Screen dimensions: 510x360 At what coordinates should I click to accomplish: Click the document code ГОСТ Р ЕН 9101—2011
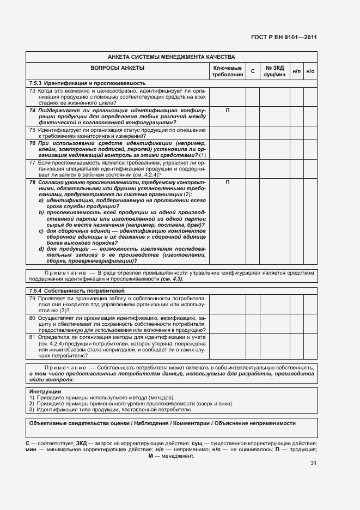pos(291,38)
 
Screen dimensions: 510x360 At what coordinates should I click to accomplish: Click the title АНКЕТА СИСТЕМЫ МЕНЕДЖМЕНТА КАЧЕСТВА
pos(171,57)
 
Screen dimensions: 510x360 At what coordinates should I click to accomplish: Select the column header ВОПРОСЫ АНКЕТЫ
pos(117,68)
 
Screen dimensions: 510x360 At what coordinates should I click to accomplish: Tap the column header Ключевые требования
pos(227,71)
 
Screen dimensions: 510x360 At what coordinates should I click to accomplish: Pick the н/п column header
pos(296,71)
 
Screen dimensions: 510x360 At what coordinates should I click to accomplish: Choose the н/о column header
pos(310,71)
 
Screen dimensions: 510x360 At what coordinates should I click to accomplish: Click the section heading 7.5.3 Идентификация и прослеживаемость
pos(76,82)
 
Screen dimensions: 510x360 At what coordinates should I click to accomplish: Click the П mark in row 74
pos(227,110)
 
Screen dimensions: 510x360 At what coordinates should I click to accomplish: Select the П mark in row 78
pos(227,182)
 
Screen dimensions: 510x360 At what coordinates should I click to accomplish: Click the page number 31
pos(313,463)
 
